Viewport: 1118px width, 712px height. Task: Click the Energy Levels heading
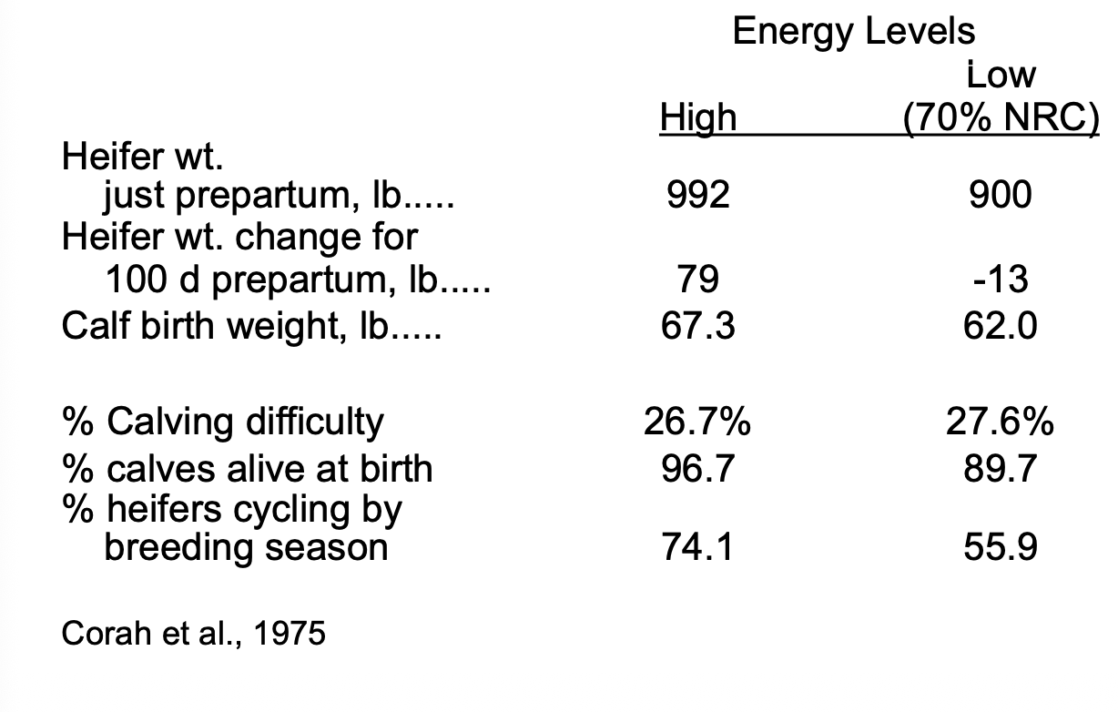point(853,32)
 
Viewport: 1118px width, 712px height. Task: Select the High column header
point(698,117)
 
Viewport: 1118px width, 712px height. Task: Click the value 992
point(698,195)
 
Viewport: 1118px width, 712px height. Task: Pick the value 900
point(1001,195)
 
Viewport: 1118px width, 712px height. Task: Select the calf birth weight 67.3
point(698,324)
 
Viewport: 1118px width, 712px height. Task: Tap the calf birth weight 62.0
point(1001,324)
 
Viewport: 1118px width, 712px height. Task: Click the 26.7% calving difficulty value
point(698,422)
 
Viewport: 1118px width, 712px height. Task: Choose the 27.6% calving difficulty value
point(1001,422)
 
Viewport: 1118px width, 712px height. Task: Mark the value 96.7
point(698,468)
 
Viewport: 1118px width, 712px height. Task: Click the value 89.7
point(1001,468)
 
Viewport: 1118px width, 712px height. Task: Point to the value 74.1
point(698,547)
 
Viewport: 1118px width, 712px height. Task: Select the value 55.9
point(1001,547)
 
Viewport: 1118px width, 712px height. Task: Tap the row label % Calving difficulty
point(223,422)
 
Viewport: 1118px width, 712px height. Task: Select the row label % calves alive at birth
point(247,468)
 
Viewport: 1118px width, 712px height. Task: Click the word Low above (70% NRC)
point(1001,75)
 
